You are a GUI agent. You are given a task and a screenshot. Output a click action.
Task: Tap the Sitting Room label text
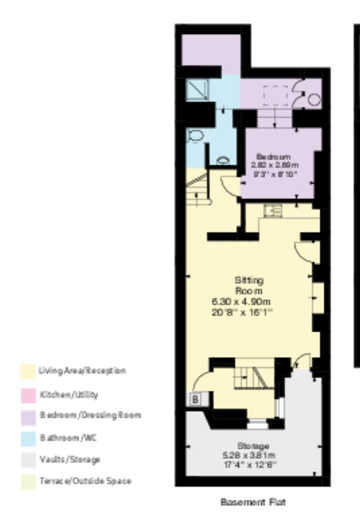[249, 285]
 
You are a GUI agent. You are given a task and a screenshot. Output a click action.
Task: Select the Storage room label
[253, 446]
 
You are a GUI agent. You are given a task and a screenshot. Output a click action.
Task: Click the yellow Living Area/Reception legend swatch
[28, 371]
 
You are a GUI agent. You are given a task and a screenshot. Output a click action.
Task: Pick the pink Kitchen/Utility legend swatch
[28, 395]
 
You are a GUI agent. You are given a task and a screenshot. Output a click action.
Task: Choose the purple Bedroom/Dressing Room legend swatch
[28, 416]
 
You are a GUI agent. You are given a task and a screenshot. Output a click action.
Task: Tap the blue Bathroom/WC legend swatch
[28, 438]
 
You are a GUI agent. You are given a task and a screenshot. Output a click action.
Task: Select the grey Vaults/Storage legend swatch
[28, 460]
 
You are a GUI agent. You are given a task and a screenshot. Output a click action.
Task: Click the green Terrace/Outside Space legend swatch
[28, 482]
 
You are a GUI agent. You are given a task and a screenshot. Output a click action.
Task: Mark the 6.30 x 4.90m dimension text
[248, 301]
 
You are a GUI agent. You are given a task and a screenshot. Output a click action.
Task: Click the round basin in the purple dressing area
[315, 100]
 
